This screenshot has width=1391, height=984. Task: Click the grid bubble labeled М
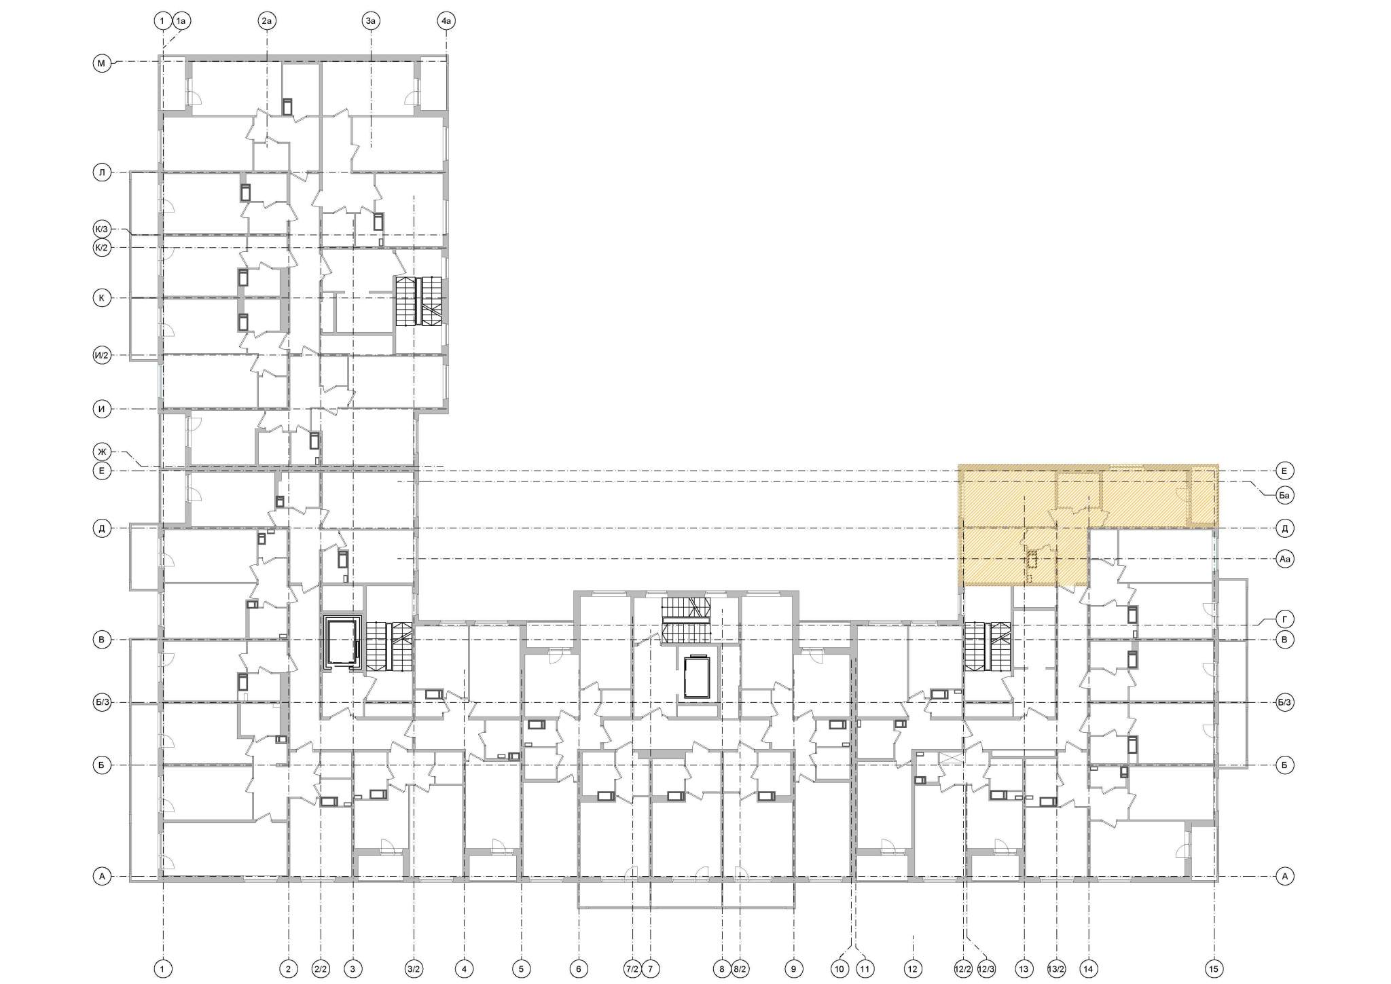[x=102, y=64]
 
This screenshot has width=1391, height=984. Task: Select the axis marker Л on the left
[x=102, y=172]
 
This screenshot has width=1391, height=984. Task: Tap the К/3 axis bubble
[x=102, y=230]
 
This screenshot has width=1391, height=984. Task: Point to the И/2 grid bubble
[x=102, y=355]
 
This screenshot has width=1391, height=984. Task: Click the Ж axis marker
[x=102, y=452]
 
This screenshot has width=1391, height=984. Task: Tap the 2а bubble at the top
[x=267, y=22]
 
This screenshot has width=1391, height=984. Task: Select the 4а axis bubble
[x=446, y=22]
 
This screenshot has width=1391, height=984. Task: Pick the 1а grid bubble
[x=181, y=22]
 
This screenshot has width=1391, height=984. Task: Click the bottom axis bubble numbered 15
[x=1214, y=969]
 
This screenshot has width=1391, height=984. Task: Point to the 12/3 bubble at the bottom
[x=986, y=969]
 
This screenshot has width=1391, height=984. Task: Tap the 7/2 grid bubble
[x=632, y=969]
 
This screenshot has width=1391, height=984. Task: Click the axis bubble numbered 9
[x=793, y=969]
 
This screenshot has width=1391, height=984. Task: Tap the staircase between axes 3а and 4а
[x=419, y=301]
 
